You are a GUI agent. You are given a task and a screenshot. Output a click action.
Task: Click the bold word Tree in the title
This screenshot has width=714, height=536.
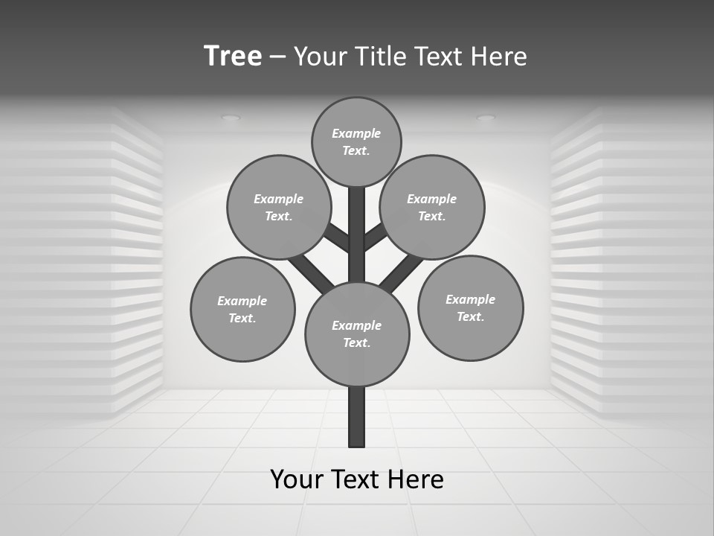[233, 56]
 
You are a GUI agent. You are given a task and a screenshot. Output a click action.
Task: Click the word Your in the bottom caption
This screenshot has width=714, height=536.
[297, 479]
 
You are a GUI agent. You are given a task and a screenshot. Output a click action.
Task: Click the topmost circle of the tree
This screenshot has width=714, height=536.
[356, 142]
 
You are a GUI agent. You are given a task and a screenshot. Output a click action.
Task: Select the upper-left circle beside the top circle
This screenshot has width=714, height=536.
[279, 207]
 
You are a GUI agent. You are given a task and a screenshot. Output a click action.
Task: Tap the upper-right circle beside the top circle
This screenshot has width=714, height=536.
[432, 207]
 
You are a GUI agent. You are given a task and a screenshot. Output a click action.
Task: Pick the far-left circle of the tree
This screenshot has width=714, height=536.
[242, 309]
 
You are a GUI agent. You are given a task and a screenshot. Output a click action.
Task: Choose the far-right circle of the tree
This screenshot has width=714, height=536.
[470, 307]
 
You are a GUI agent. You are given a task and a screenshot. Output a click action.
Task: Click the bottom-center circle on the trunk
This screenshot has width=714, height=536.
[357, 334]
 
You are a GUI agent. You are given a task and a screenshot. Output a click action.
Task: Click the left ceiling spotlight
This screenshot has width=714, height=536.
[231, 118]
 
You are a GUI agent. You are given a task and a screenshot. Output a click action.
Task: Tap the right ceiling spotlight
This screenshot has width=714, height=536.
[486, 118]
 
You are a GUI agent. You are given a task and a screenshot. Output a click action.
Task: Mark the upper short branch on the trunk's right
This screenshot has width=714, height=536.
[375, 237]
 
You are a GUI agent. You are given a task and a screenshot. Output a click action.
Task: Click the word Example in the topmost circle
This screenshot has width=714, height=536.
[356, 134]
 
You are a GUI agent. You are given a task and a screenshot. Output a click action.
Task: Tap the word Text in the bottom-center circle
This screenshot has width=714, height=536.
[356, 343]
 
